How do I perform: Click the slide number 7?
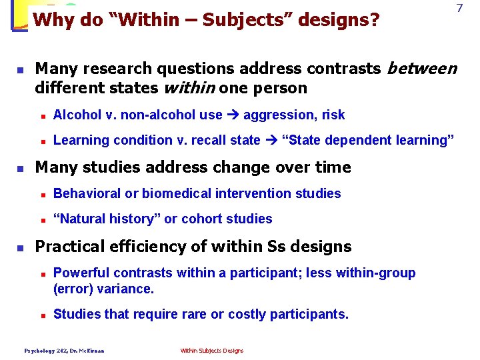click(x=459, y=9)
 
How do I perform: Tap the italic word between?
click(x=422, y=68)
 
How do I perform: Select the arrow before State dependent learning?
click(x=271, y=140)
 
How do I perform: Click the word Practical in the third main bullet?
click(x=66, y=246)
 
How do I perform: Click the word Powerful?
click(x=83, y=273)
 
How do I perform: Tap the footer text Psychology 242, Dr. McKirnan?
click(x=64, y=351)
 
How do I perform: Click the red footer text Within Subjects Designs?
click(x=212, y=351)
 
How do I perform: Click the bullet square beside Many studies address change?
click(x=20, y=168)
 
